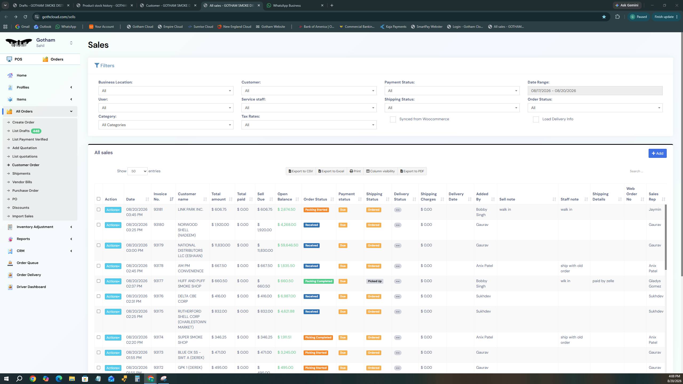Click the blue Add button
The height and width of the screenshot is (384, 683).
click(x=657, y=153)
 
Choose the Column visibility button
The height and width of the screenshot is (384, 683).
click(x=380, y=171)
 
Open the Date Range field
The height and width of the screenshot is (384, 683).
click(x=595, y=91)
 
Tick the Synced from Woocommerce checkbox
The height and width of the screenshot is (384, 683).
click(x=393, y=119)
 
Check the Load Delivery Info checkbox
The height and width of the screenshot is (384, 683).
click(x=536, y=119)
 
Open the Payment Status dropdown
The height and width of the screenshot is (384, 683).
click(x=452, y=91)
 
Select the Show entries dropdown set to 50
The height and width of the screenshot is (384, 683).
click(x=137, y=171)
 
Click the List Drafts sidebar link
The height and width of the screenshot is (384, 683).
click(x=21, y=131)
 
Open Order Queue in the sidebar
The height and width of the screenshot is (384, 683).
click(x=27, y=263)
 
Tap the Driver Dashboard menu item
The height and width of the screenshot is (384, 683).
click(x=31, y=287)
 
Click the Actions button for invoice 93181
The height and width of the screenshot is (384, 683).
click(x=113, y=210)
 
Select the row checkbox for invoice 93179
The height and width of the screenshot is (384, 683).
click(x=98, y=245)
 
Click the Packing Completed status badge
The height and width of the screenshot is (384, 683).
click(x=319, y=281)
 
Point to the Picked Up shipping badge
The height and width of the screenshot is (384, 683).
click(x=375, y=281)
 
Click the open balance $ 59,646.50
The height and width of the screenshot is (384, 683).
click(x=288, y=245)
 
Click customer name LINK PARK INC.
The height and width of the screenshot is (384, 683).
click(x=190, y=210)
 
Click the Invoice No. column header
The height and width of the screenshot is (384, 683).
click(x=160, y=197)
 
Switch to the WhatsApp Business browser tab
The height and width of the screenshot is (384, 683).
click(x=287, y=5)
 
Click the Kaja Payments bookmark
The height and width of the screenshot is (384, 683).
click(x=393, y=27)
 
